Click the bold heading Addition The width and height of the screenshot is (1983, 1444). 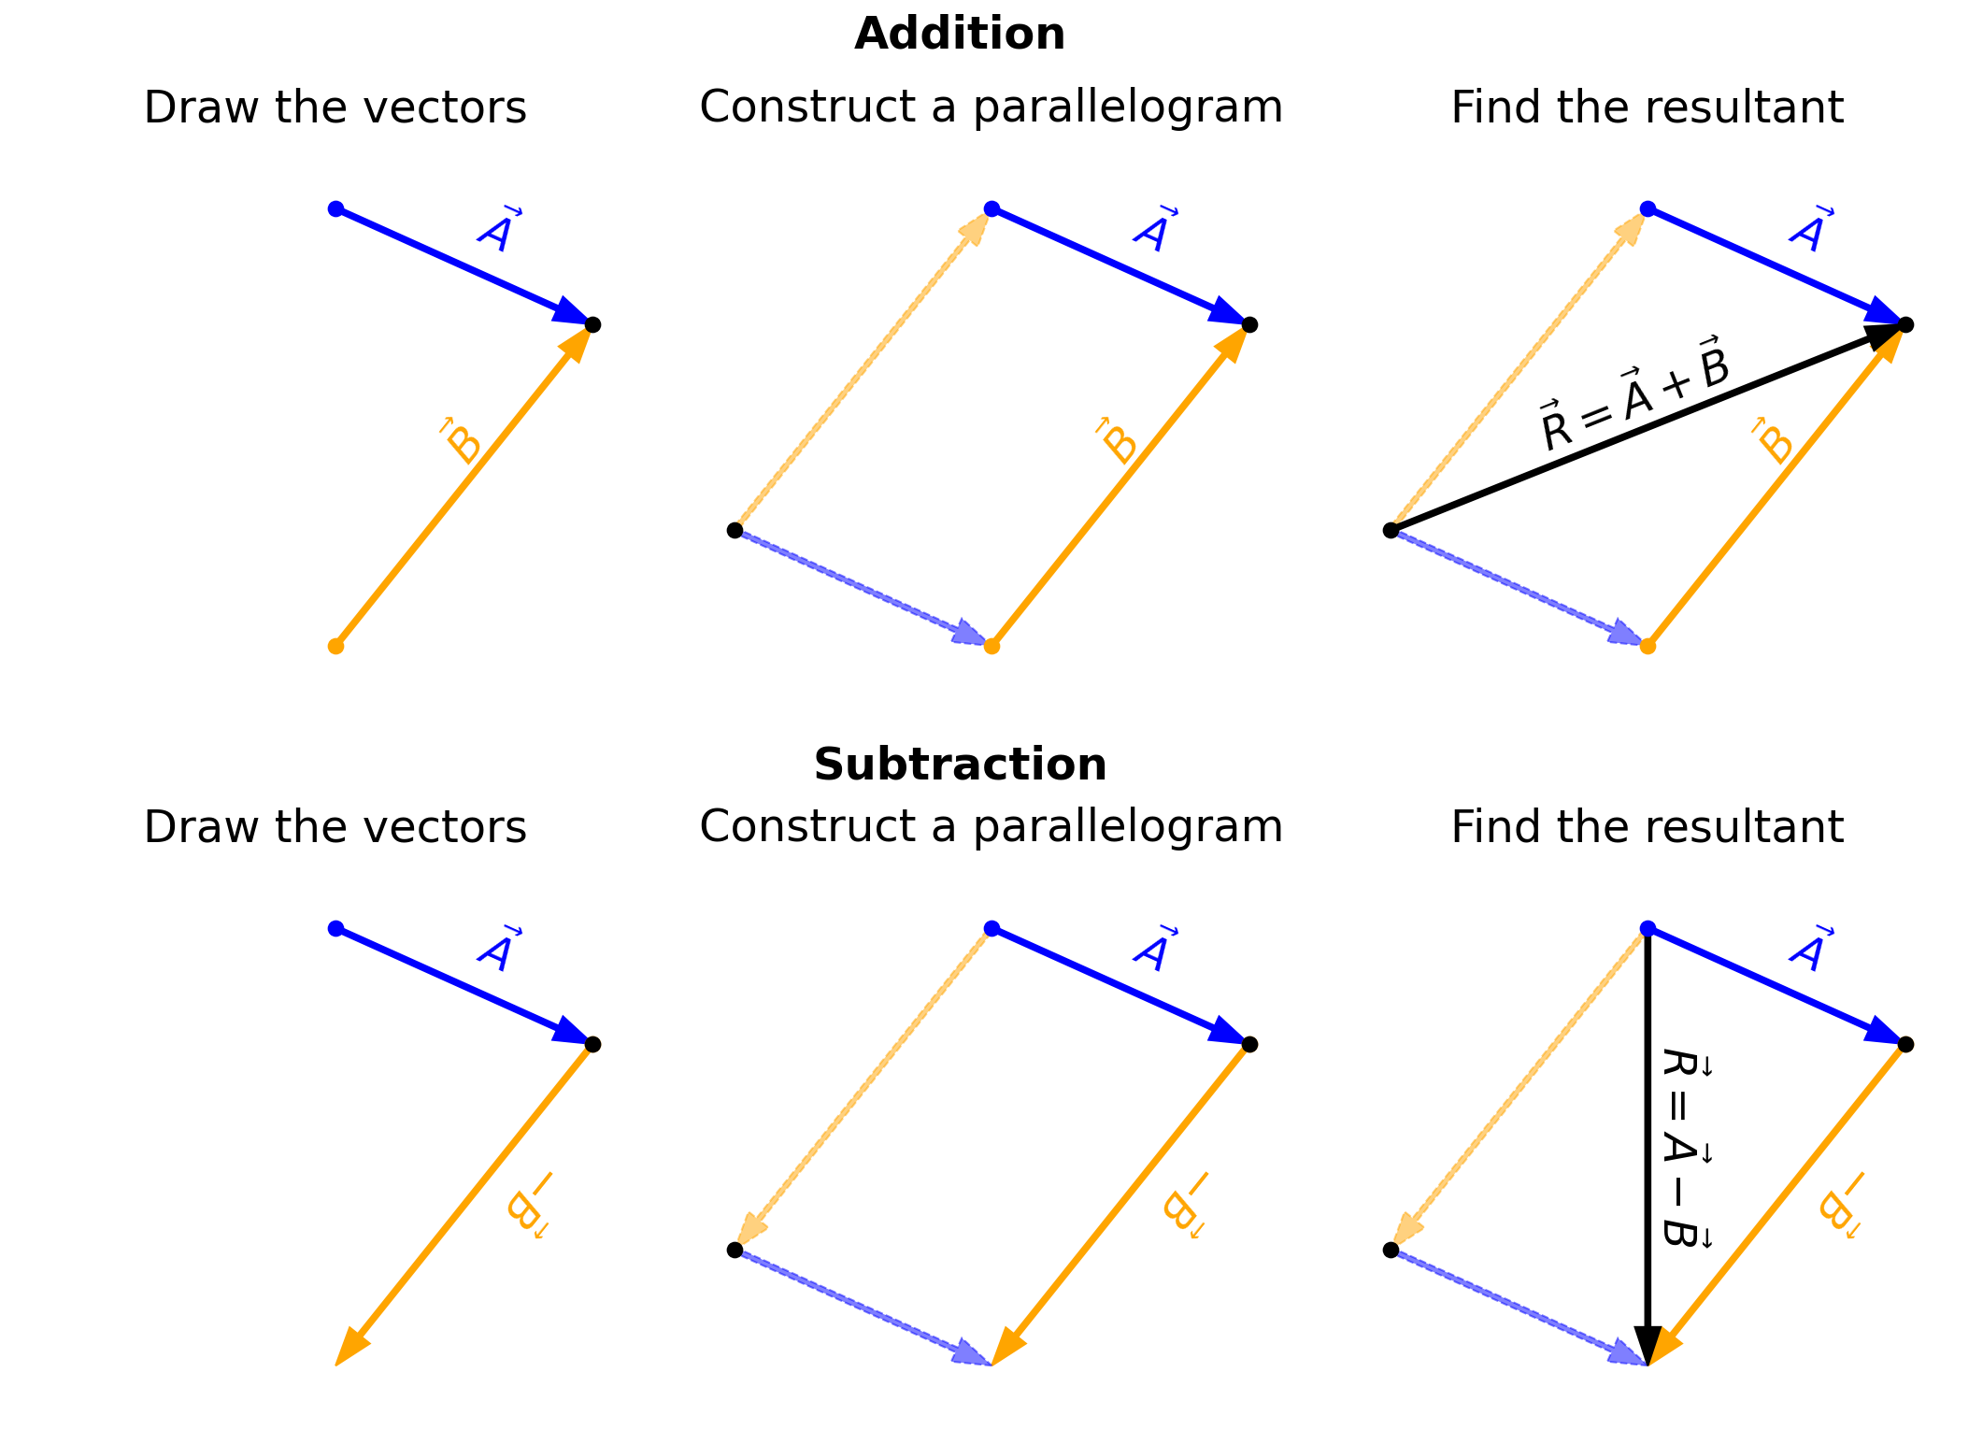(959, 35)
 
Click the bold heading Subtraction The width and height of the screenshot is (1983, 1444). (960, 765)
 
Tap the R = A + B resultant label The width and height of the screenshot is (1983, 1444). (1633, 394)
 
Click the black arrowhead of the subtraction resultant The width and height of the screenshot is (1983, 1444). (1648, 1346)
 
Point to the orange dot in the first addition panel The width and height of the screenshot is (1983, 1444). (336, 646)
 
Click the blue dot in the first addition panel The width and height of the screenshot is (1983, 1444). (336, 208)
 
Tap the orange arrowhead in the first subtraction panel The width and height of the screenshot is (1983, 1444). (351, 1348)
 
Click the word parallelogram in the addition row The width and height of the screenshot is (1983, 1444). (1127, 107)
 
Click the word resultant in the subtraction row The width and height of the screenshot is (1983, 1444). (1746, 827)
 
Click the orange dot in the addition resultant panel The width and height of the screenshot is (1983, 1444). (1648, 646)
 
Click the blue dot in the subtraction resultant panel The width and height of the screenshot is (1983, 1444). (1648, 928)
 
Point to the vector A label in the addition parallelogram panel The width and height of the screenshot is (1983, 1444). (1154, 229)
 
